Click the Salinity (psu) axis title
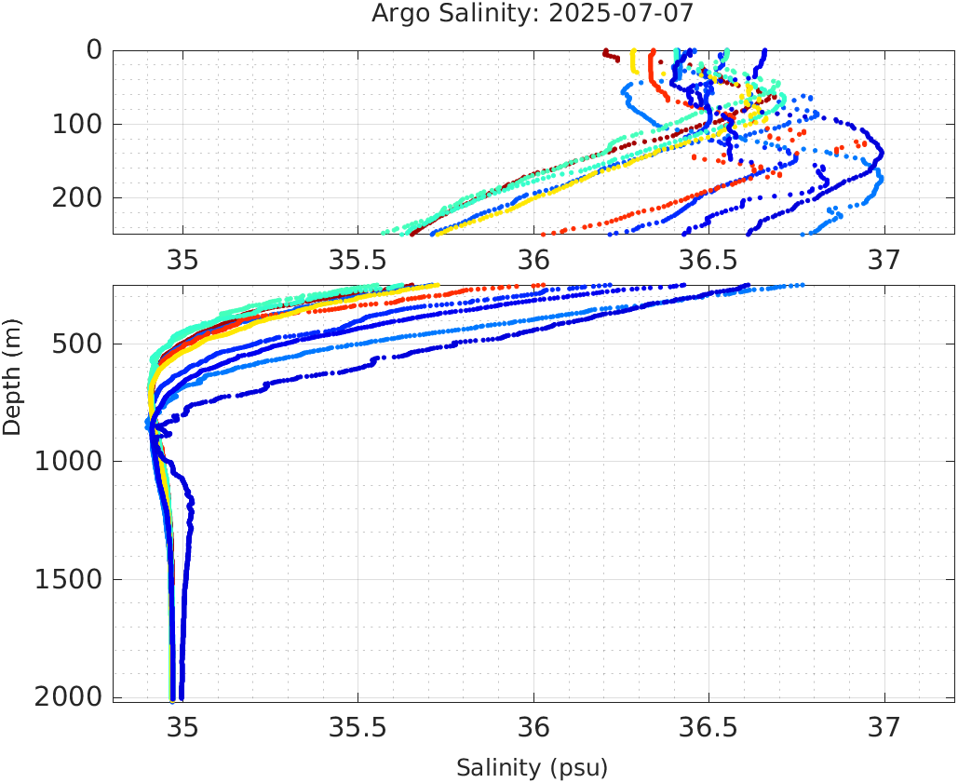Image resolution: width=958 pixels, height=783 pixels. (x=532, y=768)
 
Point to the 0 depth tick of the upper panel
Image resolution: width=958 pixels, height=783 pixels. (x=94, y=50)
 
